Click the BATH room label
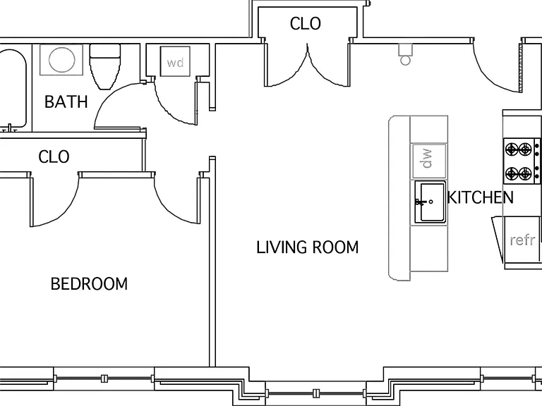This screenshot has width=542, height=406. point(66,101)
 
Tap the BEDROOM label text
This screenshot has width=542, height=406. point(89,284)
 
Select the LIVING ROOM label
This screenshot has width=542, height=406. point(307,247)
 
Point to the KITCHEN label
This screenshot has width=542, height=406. point(480,197)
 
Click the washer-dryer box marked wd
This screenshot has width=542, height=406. point(175,61)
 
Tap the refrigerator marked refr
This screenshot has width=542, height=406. point(522,240)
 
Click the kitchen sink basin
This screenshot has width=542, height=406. point(430,202)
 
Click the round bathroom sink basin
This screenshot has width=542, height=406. point(61,60)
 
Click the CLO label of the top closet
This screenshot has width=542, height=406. point(305,24)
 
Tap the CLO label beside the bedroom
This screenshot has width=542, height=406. point(54,156)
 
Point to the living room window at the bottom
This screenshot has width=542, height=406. point(315,393)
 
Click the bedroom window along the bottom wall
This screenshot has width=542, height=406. point(104,379)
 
